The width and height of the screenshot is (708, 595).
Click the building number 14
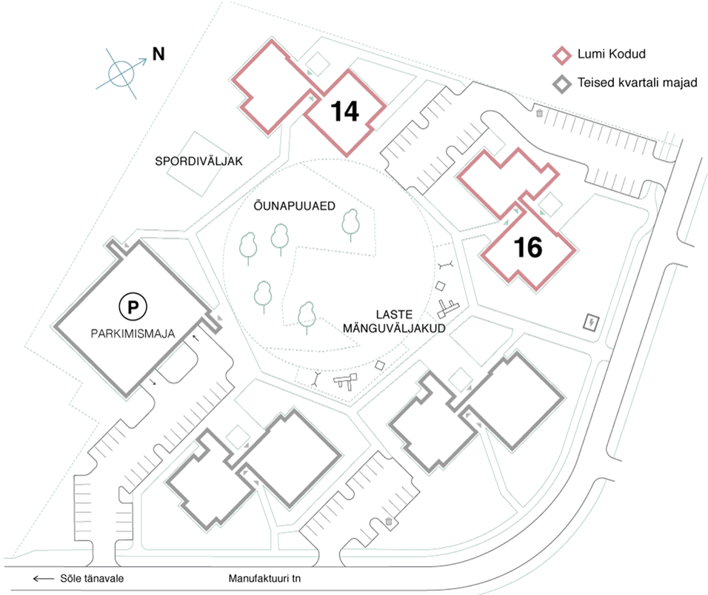[x=345, y=111]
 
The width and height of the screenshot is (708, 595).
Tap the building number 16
[x=528, y=248]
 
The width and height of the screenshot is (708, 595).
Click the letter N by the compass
[x=158, y=53]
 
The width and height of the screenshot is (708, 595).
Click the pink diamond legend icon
[x=564, y=54]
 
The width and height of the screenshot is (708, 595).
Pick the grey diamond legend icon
[x=564, y=83]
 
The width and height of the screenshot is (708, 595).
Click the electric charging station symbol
[x=592, y=322]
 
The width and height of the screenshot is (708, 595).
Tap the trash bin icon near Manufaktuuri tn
[x=388, y=522]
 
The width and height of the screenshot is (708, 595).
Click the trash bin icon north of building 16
[x=540, y=113]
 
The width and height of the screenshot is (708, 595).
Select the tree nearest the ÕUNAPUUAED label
[x=279, y=237]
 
